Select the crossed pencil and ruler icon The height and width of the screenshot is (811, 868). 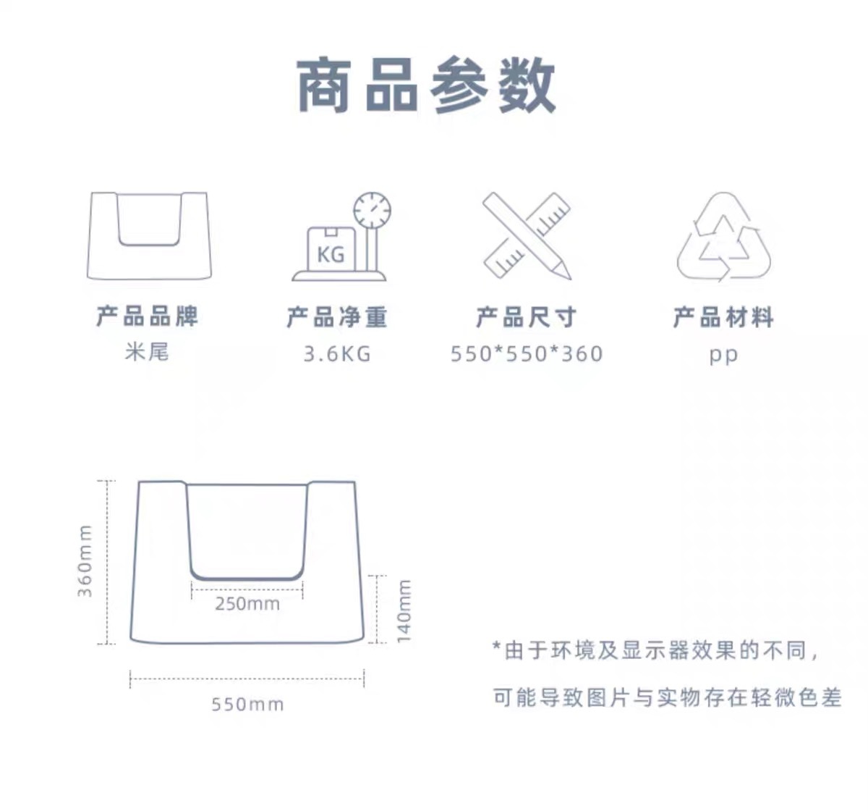[x=527, y=235]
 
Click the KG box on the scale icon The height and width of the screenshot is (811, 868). [x=331, y=250]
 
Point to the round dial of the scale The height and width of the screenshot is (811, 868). [x=372, y=210]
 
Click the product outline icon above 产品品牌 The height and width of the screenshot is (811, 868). [x=148, y=235]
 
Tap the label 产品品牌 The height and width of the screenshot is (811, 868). [x=147, y=316]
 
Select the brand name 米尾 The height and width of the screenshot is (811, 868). [x=147, y=352]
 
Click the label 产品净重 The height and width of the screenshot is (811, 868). [x=337, y=317]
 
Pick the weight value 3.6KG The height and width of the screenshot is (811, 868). [x=337, y=354]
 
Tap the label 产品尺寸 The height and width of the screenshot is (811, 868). [x=526, y=317]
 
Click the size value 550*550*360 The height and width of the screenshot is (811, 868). [x=527, y=354]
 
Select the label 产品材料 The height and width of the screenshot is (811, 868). [x=723, y=317]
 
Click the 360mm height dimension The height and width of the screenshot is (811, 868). [x=85, y=561]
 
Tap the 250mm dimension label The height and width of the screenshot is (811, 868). [x=247, y=604]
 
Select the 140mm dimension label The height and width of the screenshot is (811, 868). [x=404, y=611]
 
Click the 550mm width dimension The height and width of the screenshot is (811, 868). [x=247, y=704]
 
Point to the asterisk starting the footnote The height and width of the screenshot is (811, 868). [x=496, y=647]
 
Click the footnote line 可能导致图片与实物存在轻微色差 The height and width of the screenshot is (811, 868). [x=667, y=697]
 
